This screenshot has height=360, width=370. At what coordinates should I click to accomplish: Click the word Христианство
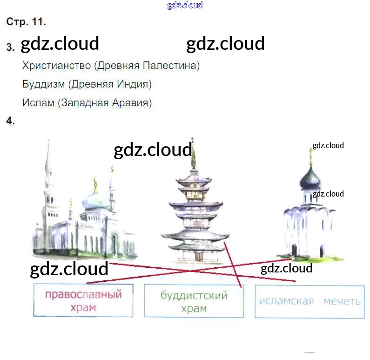coord(56,66)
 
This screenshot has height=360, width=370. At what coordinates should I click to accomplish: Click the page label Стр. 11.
coord(26,21)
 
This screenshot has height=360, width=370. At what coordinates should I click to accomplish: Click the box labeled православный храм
coord(83,300)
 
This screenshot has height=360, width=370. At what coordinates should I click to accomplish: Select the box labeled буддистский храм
coord(194,301)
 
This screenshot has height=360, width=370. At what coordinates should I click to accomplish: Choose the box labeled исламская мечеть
coord(309,301)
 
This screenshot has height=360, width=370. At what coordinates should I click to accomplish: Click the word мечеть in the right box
coord(342,301)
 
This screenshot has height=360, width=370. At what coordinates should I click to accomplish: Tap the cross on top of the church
coord(310,152)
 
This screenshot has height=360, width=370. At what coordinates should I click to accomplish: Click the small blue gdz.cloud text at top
coord(185,6)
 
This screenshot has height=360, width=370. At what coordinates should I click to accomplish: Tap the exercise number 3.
coord(10,47)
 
